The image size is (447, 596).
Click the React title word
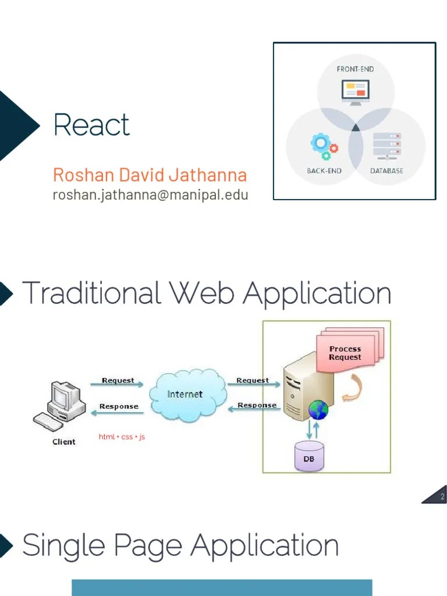point(91,125)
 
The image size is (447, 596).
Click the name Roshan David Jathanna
point(150,175)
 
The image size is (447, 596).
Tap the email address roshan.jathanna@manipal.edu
point(150,194)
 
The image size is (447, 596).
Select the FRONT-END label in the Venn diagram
point(355,69)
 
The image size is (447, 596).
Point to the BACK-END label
point(324,171)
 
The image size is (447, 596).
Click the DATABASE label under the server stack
point(386,171)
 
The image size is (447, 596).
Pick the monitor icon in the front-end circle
point(355,91)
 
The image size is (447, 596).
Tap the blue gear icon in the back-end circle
point(320,143)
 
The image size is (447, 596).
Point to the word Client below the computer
point(64,442)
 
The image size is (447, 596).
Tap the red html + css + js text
point(122,437)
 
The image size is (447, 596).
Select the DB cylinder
point(308,455)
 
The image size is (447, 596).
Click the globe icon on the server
point(318,410)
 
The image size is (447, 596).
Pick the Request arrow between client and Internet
point(118,384)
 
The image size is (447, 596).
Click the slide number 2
point(442,496)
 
